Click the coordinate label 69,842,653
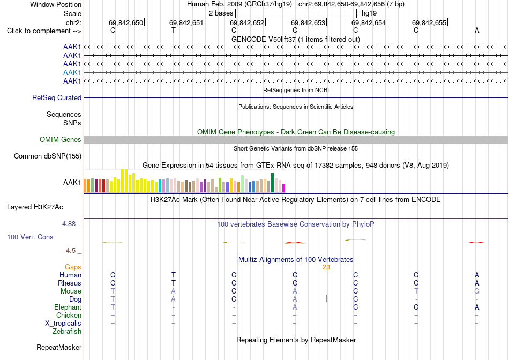308,22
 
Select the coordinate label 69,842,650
125,22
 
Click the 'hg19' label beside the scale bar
369,13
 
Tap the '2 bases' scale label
221,13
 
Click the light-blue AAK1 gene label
72,72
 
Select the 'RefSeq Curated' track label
57,97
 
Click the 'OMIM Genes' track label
61,140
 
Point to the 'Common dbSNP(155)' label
48,156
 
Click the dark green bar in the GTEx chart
272,183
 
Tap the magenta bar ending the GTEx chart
284,188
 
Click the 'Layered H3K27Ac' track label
35,207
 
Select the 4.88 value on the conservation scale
69,224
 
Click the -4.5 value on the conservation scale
70,251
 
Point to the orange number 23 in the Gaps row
326,267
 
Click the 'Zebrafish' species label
67,332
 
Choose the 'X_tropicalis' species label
63,324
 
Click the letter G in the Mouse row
477,291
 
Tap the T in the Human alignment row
174,275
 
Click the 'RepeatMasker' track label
59,347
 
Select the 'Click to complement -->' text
44,31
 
